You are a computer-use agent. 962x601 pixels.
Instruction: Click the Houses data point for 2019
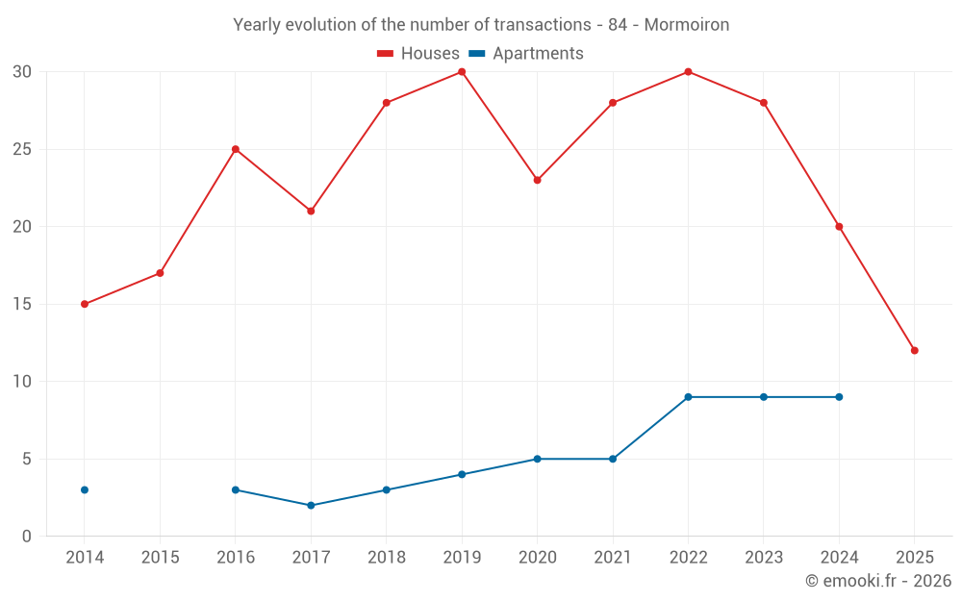462,72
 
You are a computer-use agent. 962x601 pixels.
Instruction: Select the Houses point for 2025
914,350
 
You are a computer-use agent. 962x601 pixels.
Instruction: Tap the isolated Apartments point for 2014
85,489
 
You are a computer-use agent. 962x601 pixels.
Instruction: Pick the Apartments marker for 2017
311,505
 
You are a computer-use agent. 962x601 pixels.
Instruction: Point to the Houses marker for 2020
537,180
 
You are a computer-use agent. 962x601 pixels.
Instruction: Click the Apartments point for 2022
688,397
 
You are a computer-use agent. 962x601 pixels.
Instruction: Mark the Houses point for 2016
236,149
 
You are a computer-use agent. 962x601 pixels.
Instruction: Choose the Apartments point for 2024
839,397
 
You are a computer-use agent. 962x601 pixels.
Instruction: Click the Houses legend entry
418,54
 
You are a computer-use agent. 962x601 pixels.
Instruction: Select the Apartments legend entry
526,54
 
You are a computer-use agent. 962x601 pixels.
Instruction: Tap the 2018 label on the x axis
386,558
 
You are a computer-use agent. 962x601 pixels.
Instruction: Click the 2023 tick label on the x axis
764,558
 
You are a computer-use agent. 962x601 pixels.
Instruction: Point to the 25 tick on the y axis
22,149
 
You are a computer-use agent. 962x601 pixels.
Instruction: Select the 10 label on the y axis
22,382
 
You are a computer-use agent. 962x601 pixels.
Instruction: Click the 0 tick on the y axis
27,537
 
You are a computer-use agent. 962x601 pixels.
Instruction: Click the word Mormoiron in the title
687,25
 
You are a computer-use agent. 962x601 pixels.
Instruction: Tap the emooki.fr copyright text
877,581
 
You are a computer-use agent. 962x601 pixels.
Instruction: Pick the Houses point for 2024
839,227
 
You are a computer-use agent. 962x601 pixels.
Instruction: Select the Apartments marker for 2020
537,459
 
